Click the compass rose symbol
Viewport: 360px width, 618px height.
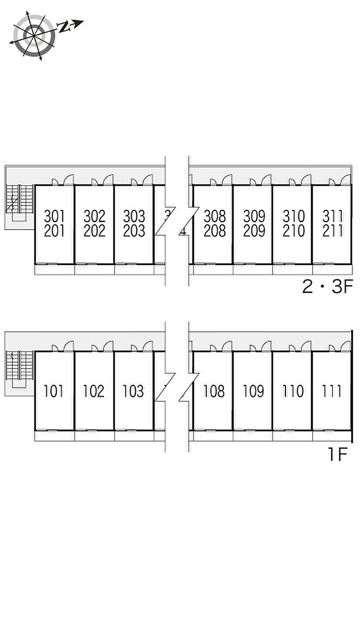pyautogui.click(x=34, y=36)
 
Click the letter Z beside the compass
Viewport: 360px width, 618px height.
pyautogui.click(x=64, y=27)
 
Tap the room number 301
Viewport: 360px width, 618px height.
pyautogui.click(x=55, y=216)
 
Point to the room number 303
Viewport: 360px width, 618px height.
pyautogui.click(x=134, y=216)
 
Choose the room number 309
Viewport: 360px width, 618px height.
pyautogui.click(x=254, y=216)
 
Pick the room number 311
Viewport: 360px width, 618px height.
pyautogui.click(x=332, y=216)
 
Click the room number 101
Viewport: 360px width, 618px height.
pyautogui.click(x=54, y=392)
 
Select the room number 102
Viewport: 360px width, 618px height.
pyautogui.click(x=94, y=392)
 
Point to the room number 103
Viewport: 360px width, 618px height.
pyautogui.click(x=133, y=392)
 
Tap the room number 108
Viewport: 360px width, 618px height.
pyautogui.click(x=214, y=392)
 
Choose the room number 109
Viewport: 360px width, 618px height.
pyautogui.click(x=254, y=392)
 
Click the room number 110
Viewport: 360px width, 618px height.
pyautogui.click(x=293, y=392)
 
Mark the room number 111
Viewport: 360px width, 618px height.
pyautogui.click(x=332, y=392)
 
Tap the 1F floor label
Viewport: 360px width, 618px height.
pyautogui.click(x=338, y=455)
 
